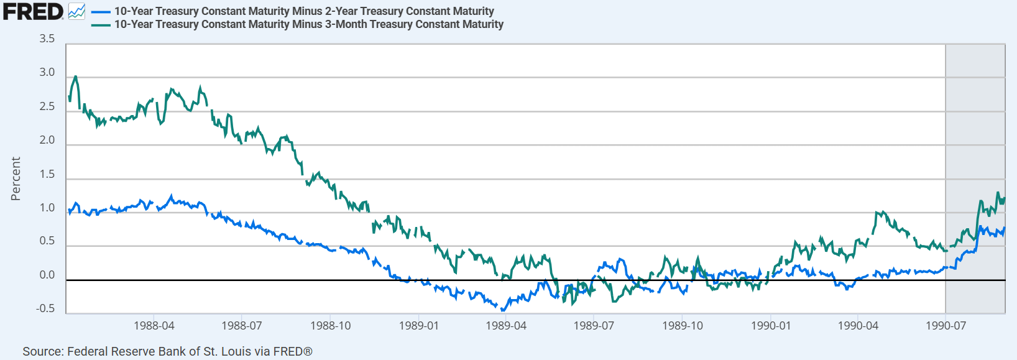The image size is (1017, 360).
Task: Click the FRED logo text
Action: coord(32,11)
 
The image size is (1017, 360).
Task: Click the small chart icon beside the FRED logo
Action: coord(76,11)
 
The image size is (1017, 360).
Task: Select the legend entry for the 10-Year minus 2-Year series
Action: coord(303,11)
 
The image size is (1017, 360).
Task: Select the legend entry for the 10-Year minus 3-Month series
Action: coord(308,24)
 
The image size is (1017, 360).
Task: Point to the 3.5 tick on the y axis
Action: coord(47,39)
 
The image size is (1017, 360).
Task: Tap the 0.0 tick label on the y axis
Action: coord(47,275)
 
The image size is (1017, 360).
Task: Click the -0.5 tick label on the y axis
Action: coord(45,308)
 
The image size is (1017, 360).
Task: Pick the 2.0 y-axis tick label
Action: coord(47,140)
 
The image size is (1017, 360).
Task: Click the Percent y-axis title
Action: coord(16,178)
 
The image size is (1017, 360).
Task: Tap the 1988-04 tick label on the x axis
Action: coord(154,326)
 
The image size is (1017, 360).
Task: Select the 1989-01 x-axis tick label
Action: coord(418,326)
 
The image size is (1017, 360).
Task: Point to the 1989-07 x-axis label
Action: coord(594,326)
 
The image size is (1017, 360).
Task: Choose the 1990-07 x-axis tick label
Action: coord(946,326)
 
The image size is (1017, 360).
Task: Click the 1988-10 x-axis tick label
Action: coord(330,326)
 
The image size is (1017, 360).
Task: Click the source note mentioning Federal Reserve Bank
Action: coord(167,351)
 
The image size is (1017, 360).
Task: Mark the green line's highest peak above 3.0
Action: coord(75,76)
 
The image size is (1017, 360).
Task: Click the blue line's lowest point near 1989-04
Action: coord(502,310)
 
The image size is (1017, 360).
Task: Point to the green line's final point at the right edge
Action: coord(1005,198)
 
